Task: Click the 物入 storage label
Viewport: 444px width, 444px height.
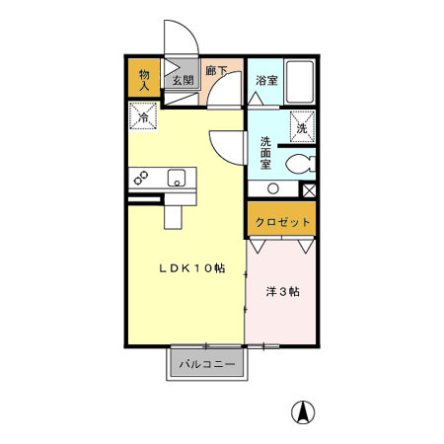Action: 144,80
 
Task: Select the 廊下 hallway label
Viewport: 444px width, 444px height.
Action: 217,72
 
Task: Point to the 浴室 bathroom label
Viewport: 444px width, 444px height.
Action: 265,80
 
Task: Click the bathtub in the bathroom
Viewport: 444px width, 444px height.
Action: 299,83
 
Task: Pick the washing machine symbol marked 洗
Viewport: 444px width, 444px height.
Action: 301,126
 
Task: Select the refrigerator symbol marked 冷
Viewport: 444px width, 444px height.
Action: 144,117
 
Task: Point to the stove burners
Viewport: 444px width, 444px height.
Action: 142,179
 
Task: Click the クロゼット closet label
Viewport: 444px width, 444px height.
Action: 282,222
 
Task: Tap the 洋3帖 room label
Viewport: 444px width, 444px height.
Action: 282,293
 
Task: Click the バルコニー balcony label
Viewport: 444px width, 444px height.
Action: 207,364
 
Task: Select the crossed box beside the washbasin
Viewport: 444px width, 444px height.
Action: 308,189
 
